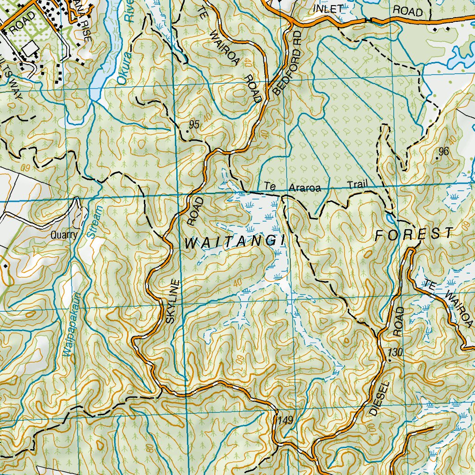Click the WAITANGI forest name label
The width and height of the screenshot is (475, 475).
point(234,242)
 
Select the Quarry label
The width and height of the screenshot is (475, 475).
point(64,235)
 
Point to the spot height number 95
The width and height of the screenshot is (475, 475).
point(194,124)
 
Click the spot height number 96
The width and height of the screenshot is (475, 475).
point(443,151)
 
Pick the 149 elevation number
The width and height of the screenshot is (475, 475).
point(286,420)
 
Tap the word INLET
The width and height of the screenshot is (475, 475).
point(328,9)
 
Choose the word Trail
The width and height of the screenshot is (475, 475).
point(356,185)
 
